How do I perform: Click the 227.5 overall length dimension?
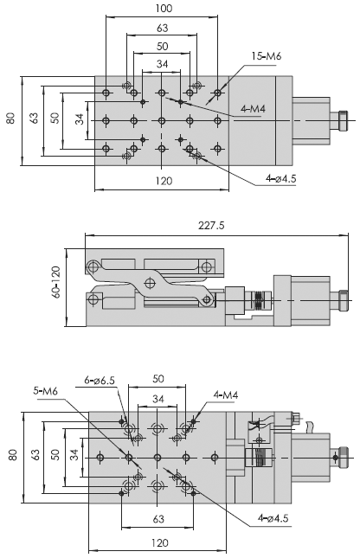point(211,226)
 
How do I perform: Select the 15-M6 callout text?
point(267,56)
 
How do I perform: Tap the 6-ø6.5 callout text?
point(100,380)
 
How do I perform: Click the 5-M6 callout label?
point(45,391)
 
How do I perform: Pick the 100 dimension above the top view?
point(164,8)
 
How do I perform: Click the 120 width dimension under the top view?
point(164,181)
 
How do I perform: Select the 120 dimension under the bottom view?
point(159,543)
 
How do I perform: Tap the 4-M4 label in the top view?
point(254,109)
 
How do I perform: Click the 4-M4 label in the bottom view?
point(226,394)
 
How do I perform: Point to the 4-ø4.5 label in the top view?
point(281,178)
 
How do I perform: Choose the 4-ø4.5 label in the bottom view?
point(273,518)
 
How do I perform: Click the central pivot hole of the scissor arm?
point(150,283)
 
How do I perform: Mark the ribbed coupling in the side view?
point(259,299)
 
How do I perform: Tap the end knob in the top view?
point(343,120)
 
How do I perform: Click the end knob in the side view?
point(343,300)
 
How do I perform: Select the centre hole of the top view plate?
point(162,120)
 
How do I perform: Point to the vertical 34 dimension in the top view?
point(80,119)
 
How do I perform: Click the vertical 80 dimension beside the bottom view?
point(12,455)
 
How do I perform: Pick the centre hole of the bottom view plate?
point(157,457)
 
